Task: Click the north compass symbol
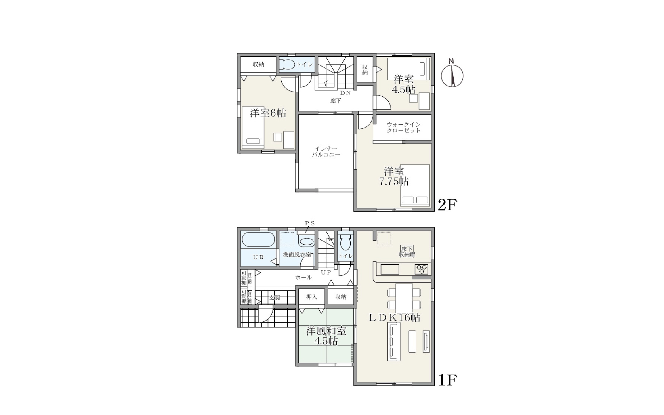tap(452, 74)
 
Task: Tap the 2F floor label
tap(447, 205)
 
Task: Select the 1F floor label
tap(447, 380)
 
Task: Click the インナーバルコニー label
tap(326, 152)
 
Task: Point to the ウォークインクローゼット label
tap(404, 127)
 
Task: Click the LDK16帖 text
tap(395, 317)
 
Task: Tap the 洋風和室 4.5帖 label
tap(326, 336)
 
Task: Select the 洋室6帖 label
tap(268, 113)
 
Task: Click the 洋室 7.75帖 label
tap(394, 176)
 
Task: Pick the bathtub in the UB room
tap(258, 240)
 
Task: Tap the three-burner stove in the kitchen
tap(421, 269)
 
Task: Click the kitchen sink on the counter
tap(390, 269)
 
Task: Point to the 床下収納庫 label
tap(407, 252)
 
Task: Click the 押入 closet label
tap(311, 297)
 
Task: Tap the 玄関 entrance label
tap(274, 298)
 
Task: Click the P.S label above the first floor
tap(310, 223)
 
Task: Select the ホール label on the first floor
tap(303, 278)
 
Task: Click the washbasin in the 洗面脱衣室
tap(306, 242)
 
